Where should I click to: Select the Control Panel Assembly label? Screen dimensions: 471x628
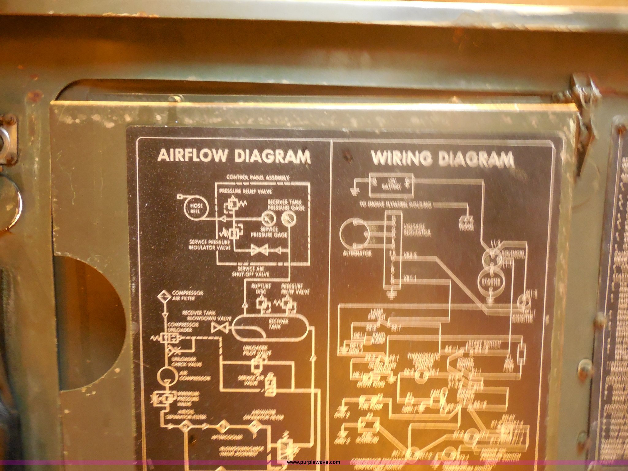258,177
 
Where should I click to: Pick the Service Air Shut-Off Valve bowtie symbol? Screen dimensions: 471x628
259,250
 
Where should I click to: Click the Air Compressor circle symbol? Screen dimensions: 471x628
167,375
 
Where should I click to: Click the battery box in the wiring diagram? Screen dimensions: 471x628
391,185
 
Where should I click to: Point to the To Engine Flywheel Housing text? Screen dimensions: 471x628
396,205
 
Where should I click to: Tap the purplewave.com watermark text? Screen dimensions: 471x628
313,462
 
